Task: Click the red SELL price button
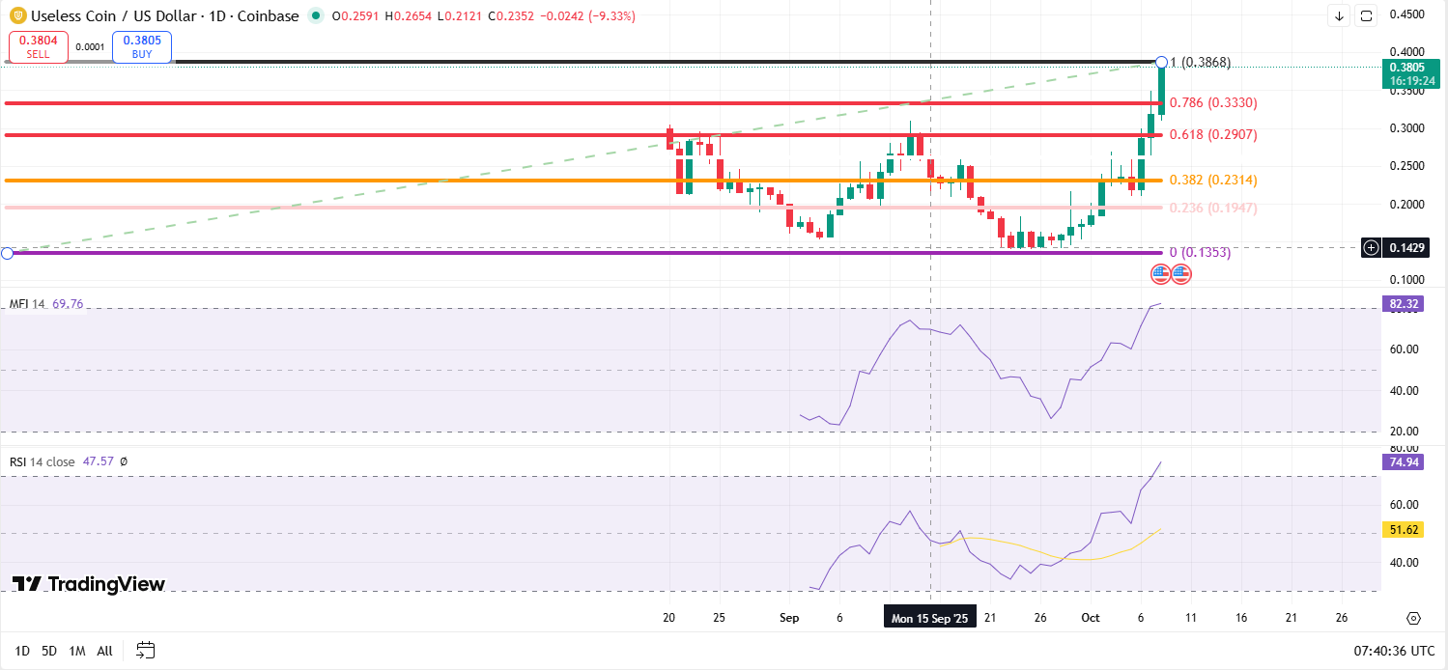[x=39, y=47]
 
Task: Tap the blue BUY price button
[x=141, y=47]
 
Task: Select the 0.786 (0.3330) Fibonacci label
[x=1212, y=102]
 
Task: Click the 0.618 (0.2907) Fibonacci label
[x=1212, y=134]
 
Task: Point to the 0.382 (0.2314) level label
[x=1212, y=180]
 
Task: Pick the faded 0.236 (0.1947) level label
[x=1212, y=208]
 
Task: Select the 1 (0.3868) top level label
[x=1202, y=63]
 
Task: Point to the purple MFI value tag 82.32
[x=1403, y=304]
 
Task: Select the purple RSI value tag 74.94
[x=1403, y=461]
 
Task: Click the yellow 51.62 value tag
[x=1403, y=530]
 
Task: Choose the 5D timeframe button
[x=50, y=651]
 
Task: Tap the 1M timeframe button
[x=77, y=651]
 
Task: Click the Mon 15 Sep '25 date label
[x=929, y=618]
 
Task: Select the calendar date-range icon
[x=146, y=650]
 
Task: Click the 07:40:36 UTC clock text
[x=1386, y=651]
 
